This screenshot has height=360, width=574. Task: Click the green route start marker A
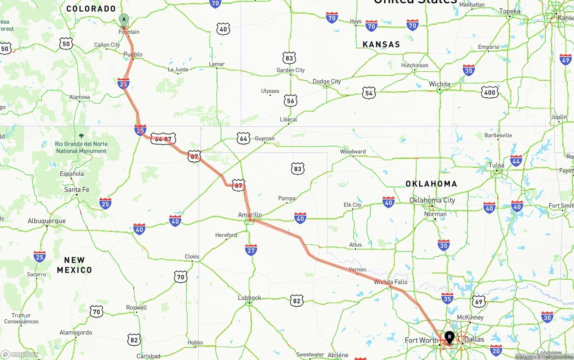click(x=124, y=19)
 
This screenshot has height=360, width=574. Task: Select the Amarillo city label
click(x=250, y=215)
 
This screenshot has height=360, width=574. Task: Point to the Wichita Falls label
click(x=390, y=282)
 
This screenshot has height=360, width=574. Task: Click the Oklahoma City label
click(x=432, y=200)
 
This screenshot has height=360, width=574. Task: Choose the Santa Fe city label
click(x=77, y=190)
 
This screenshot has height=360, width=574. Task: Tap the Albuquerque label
click(x=47, y=221)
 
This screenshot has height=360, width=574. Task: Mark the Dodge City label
click(x=326, y=81)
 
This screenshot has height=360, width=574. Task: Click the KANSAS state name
click(x=381, y=44)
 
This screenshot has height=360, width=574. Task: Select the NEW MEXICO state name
click(x=74, y=265)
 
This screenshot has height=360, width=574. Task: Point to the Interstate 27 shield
click(x=251, y=250)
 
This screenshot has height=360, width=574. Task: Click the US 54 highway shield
click(x=369, y=93)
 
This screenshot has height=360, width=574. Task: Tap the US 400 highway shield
click(x=489, y=93)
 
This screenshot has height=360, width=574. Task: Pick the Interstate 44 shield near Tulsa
click(x=516, y=161)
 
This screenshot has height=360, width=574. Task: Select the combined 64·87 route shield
click(x=163, y=139)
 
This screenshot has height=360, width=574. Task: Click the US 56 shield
click(x=291, y=101)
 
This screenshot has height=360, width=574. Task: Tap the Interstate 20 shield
click(x=496, y=350)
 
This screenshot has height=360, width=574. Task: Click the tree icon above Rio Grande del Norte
click(x=81, y=135)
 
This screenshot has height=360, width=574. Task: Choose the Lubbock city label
click(x=249, y=298)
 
